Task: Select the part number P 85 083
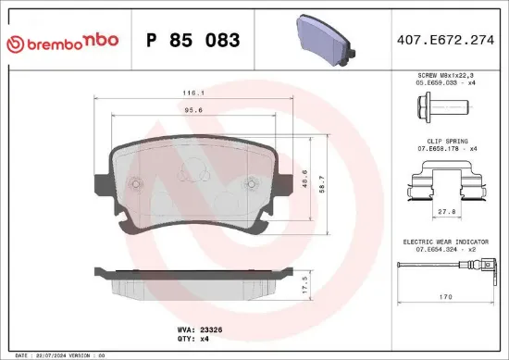193,41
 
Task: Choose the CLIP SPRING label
446,143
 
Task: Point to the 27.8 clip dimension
446,213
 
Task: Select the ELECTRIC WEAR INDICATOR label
446,242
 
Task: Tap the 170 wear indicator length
446,298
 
